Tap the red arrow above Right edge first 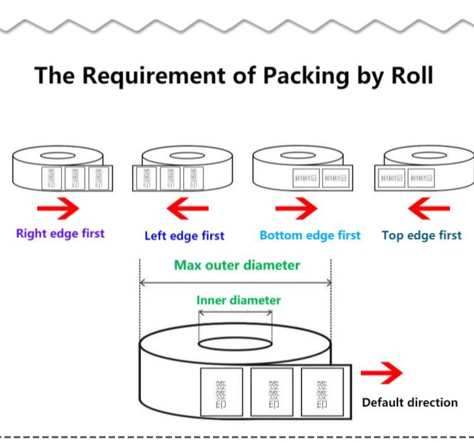(58, 208)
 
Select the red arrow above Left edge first (187, 208)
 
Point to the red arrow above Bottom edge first (296, 208)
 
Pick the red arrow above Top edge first (429, 208)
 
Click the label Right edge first (60, 234)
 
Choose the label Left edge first (185, 236)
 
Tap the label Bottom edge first (310, 235)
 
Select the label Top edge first (422, 235)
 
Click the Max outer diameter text (237, 265)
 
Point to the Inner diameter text (238, 300)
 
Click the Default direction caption (410, 402)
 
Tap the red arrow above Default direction (382, 373)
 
